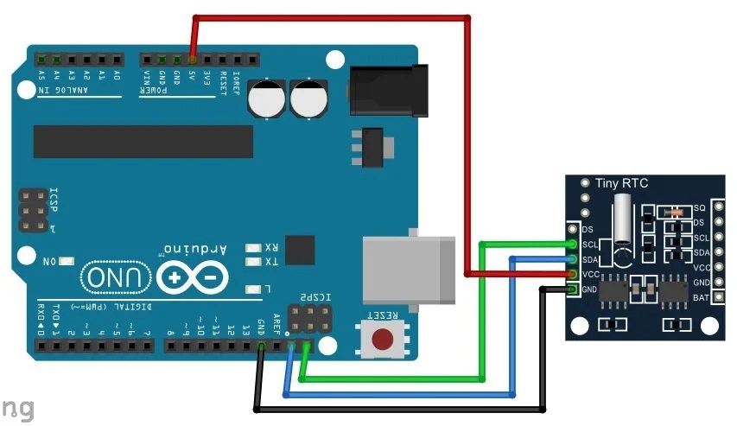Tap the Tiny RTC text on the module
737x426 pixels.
(622, 183)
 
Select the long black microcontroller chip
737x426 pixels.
(143, 142)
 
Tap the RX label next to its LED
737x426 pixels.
(271, 246)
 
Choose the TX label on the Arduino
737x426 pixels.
(271, 261)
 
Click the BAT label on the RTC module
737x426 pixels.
(701, 297)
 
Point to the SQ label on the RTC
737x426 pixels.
(699, 208)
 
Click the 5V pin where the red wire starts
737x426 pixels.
(192, 60)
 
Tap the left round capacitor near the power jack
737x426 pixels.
(265, 99)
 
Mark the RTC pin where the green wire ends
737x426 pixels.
(571, 245)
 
